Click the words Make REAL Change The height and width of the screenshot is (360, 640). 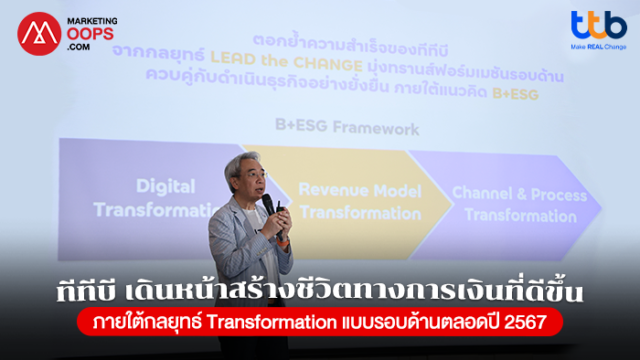pyautogui.click(x=599, y=46)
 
